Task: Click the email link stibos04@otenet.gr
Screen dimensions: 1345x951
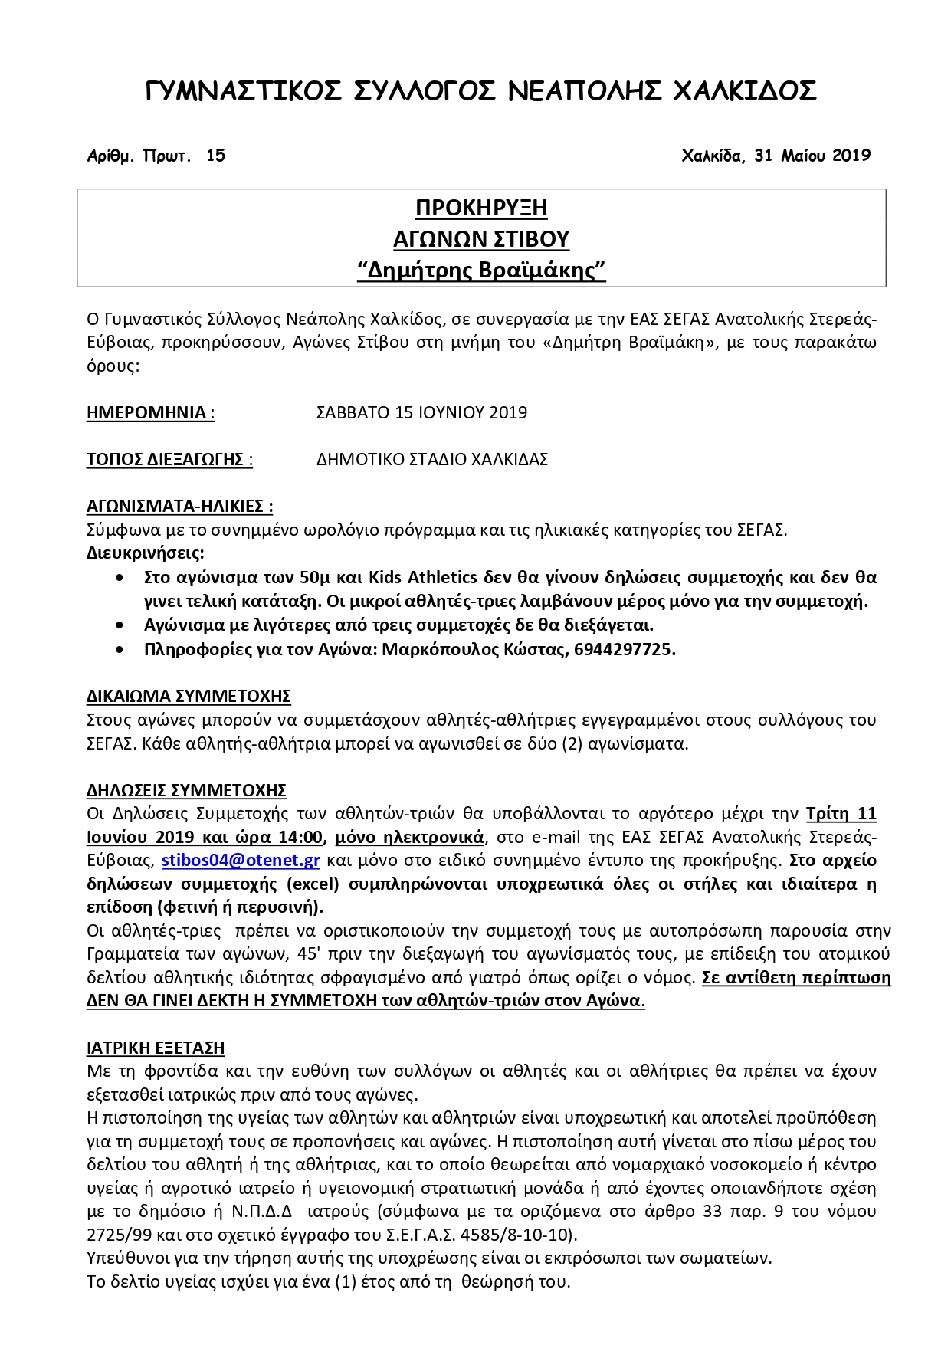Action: point(241,860)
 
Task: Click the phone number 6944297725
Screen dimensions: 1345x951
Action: point(624,649)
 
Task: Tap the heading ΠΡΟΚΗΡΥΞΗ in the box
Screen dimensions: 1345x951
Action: point(481,208)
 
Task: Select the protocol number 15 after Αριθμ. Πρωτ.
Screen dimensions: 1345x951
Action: point(216,156)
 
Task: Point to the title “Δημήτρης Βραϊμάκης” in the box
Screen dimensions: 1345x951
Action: point(481,271)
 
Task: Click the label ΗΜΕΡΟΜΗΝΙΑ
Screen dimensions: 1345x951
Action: point(147,412)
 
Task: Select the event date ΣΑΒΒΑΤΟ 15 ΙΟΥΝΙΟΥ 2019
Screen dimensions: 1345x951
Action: point(421,412)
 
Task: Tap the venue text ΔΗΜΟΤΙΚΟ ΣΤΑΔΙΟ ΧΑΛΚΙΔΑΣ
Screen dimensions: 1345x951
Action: point(432,459)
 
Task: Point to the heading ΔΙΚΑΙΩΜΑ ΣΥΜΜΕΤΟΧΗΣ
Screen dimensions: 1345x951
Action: point(189,696)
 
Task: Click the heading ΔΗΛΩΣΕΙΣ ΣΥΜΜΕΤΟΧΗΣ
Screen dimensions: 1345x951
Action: point(186,789)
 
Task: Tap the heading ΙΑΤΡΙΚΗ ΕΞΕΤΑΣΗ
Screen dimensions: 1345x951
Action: point(156,1048)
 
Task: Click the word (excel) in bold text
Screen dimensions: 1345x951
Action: point(313,884)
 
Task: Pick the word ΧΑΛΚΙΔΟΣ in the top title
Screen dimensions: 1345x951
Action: point(743,91)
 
